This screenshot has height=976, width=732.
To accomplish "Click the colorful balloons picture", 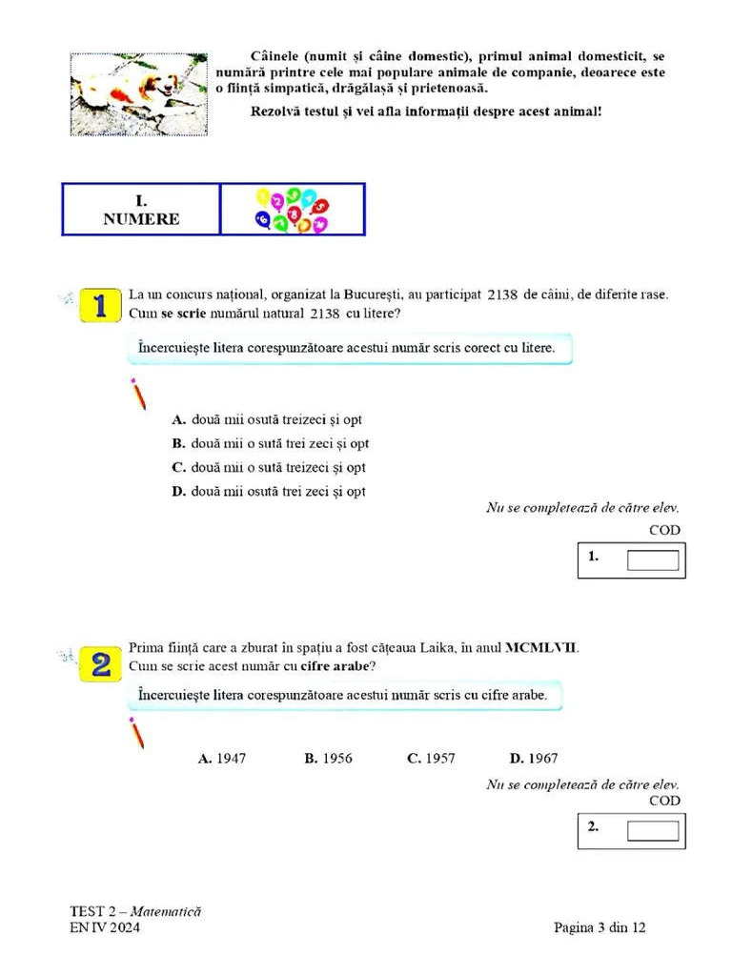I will tap(292, 210).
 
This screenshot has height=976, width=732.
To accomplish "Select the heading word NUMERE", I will tap(141, 219).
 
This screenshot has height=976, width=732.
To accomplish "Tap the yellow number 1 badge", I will tap(101, 306).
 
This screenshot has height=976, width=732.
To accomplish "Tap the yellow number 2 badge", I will tap(101, 662).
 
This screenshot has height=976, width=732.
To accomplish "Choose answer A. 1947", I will tap(222, 759).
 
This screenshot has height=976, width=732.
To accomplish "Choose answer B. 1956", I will tap(328, 759).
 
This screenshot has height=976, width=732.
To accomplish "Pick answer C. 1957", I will tap(431, 759).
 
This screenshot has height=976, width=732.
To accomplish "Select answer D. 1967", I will tap(534, 759).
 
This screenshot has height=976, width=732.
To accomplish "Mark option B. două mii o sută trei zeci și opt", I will tap(271, 443).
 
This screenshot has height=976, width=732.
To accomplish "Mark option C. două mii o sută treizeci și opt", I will tap(269, 467).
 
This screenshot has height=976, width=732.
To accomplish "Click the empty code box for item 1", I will tap(653, 559).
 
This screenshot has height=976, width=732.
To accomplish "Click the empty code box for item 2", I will tap(653, 830).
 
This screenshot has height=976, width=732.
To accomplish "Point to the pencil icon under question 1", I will tap(138, 393).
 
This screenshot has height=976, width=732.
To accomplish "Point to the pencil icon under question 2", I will tap(138, 732).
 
